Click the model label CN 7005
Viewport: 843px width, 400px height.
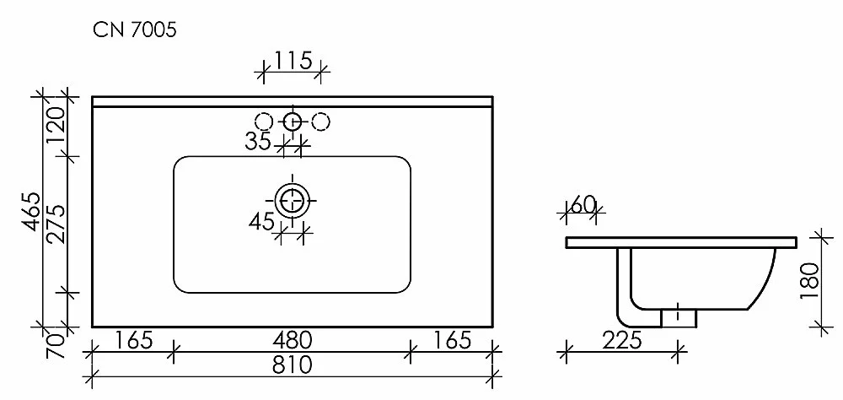pos(135,30)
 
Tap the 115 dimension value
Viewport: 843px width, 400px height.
pos(293,60)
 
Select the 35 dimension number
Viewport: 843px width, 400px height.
pos(258,141)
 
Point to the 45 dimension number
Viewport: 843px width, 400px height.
pos(262,221)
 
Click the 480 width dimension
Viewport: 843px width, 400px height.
pos(293,340)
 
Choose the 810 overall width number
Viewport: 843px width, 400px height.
pos(293,365)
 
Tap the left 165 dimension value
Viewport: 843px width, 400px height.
pos(134,340)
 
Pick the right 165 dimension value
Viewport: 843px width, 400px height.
pos(452,340)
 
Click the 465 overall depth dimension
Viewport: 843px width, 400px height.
pos(34,212)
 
